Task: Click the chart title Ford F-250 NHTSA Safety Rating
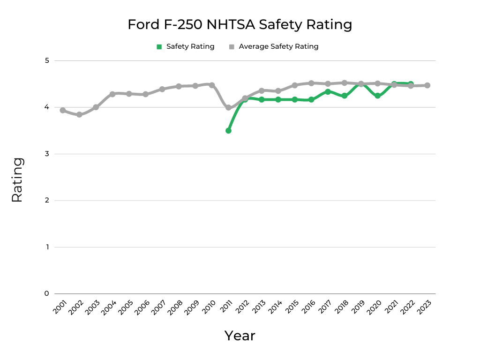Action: pyautogui.click(x=240, y=24)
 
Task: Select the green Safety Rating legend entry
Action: pyautogui.click(x=186, y=46)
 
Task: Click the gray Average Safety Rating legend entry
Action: pyautogui.click(x=274, y=46)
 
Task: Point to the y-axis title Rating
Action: pyautogui.click(x=17, y=180)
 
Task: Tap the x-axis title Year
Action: pyautogui.click(x=240, y=336)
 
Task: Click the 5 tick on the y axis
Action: pyautogui.click(x=47, y=60)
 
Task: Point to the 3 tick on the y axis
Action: pyautogui.click(x=47, y=154)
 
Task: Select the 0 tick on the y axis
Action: pyautogui.click(x=47, y=293)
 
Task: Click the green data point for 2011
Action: pyautogui.click(x=228, y=130)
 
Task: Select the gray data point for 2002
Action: pyautogui.click(x=79, y=114)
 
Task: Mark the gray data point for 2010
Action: pyautogui.click(x=212, y=85)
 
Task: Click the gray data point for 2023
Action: pyautogui.click(x=427, y=85)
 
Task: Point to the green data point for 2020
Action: pyautogui.click(x=377, y=96)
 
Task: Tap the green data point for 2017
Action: pyautogui.click(x=328, y=92)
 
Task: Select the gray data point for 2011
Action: pyautogui.click(x=228, y=108)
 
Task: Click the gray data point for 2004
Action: pyautogui.click(x=112, y=94)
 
